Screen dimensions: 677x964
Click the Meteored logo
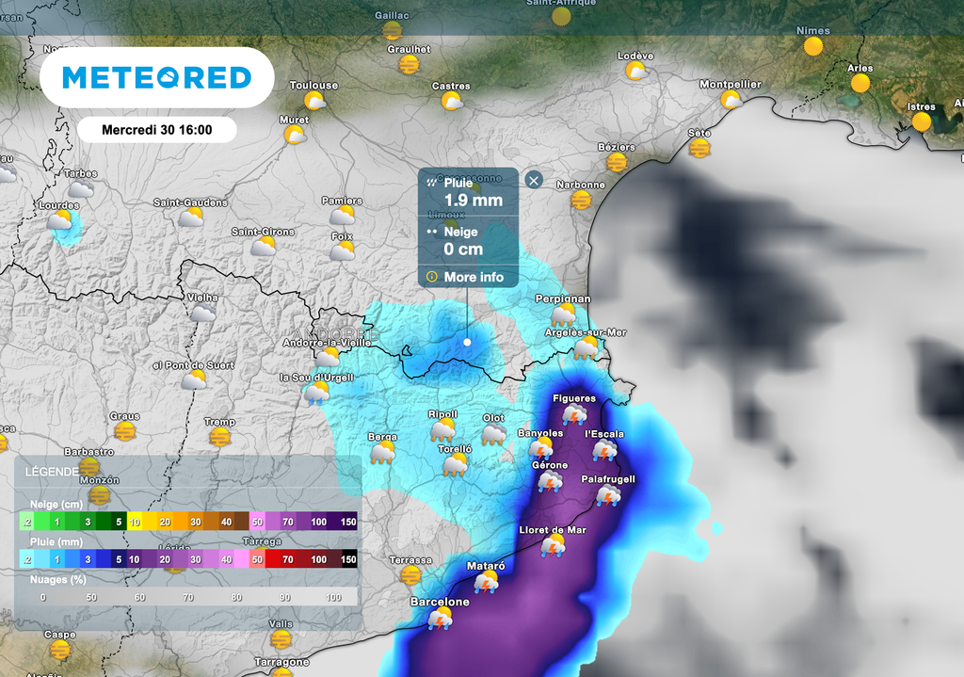click(156, 77)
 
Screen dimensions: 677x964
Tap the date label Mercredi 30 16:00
click(156, 130)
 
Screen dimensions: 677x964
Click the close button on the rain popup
click(534, 180)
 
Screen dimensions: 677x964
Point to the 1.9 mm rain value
click(473, 200)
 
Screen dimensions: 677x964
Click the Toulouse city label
click(313, 86)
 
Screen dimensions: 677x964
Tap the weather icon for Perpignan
click(563, 314)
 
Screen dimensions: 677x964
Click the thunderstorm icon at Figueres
click(574, 414)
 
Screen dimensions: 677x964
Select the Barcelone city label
click(439, 602)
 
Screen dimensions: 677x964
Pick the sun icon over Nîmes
click(813, 45)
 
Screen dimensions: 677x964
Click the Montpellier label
click(730, 85)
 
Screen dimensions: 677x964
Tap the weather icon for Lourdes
click(60, 221)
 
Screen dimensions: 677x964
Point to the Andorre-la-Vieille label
click(327, 343)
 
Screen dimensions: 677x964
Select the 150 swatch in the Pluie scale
click(348, 559)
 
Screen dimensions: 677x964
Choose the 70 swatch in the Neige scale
click(288, 522)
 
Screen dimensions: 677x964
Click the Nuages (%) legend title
click(55, 580)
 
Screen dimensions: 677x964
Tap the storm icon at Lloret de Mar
click(553, 546)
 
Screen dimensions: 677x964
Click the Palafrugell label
click(607, 479)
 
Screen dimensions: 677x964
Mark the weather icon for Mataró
click(486, 582)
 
